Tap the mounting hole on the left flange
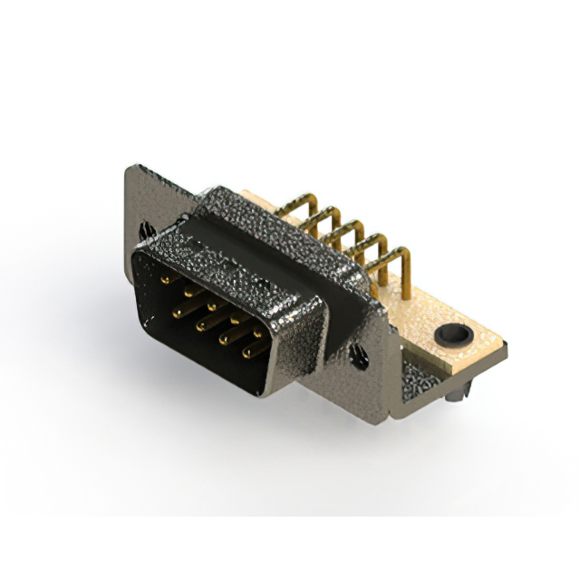click(x=144, y=232)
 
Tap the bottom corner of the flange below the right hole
click(x=393, y=416)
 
